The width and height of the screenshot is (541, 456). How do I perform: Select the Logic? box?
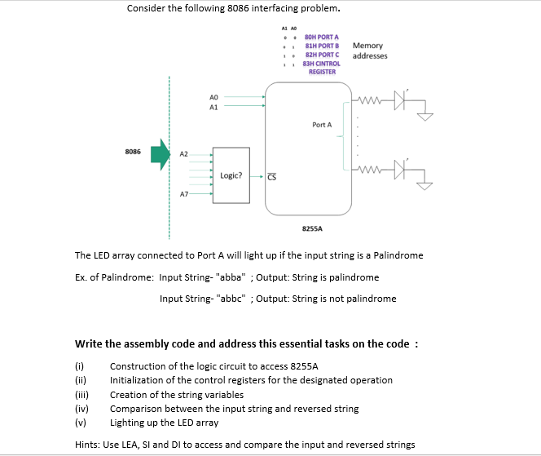231,175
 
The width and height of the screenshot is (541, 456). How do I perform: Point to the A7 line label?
184,195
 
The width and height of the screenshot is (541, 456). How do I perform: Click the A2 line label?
184,153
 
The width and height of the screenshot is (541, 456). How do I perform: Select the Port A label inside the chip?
322,125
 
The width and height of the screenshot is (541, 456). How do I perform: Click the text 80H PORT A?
321,37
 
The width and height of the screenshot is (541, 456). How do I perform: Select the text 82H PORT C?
321,54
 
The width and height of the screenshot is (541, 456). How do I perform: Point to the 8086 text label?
133,152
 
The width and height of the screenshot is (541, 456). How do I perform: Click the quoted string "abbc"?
231,299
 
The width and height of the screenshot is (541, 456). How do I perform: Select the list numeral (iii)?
81,394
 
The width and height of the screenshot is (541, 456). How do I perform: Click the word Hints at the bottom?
86,445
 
